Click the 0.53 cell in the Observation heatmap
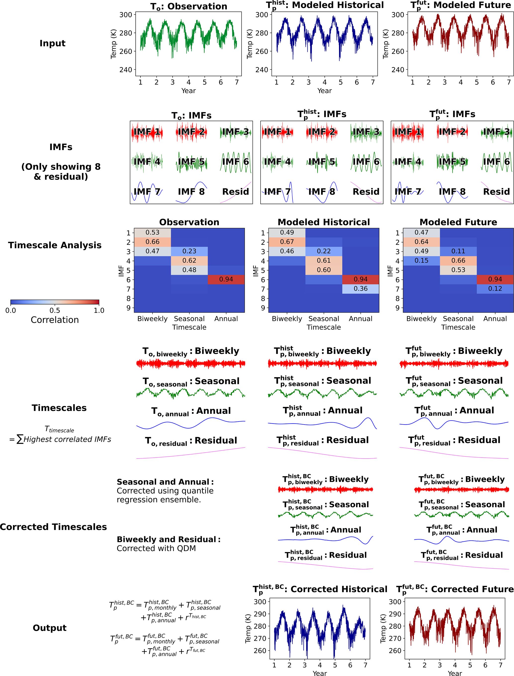coord(152,233)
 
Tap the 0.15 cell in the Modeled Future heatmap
coord(421,261)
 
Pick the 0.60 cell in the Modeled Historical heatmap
coord(324,270)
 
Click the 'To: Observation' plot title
coord(189,6)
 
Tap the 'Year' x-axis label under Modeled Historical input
coord(324,91)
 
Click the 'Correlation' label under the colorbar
coord(55,320)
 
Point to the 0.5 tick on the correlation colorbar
coord(55,310)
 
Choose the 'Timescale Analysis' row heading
coord(55,245)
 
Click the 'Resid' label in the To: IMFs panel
coord(235,192)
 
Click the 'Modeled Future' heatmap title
coord(458,222)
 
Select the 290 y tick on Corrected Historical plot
coord(260,614)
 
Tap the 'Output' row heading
coord(49,628)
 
